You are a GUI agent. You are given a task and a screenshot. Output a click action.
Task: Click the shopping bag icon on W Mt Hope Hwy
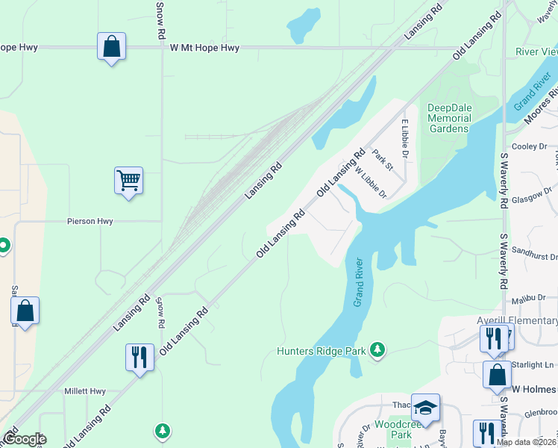pos(111,46)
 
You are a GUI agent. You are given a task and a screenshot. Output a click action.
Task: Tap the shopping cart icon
pos(128,180)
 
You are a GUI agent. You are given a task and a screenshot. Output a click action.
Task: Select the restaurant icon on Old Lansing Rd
pos(139,357)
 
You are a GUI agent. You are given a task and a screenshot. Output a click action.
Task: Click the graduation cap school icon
pos(425,407)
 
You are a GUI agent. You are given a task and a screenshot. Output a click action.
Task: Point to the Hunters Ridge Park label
pos(322,350)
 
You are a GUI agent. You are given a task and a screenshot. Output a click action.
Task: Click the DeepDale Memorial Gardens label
pos(449,118)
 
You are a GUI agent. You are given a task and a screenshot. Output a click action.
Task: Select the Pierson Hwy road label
pos(90,222)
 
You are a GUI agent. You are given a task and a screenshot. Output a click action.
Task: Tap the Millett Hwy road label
pos(85,391)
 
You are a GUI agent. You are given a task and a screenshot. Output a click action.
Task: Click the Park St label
pos(383,158)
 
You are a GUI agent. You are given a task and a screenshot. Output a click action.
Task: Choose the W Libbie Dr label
pos(370,182)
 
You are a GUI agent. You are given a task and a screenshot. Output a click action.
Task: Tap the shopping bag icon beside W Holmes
pos(497,374)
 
